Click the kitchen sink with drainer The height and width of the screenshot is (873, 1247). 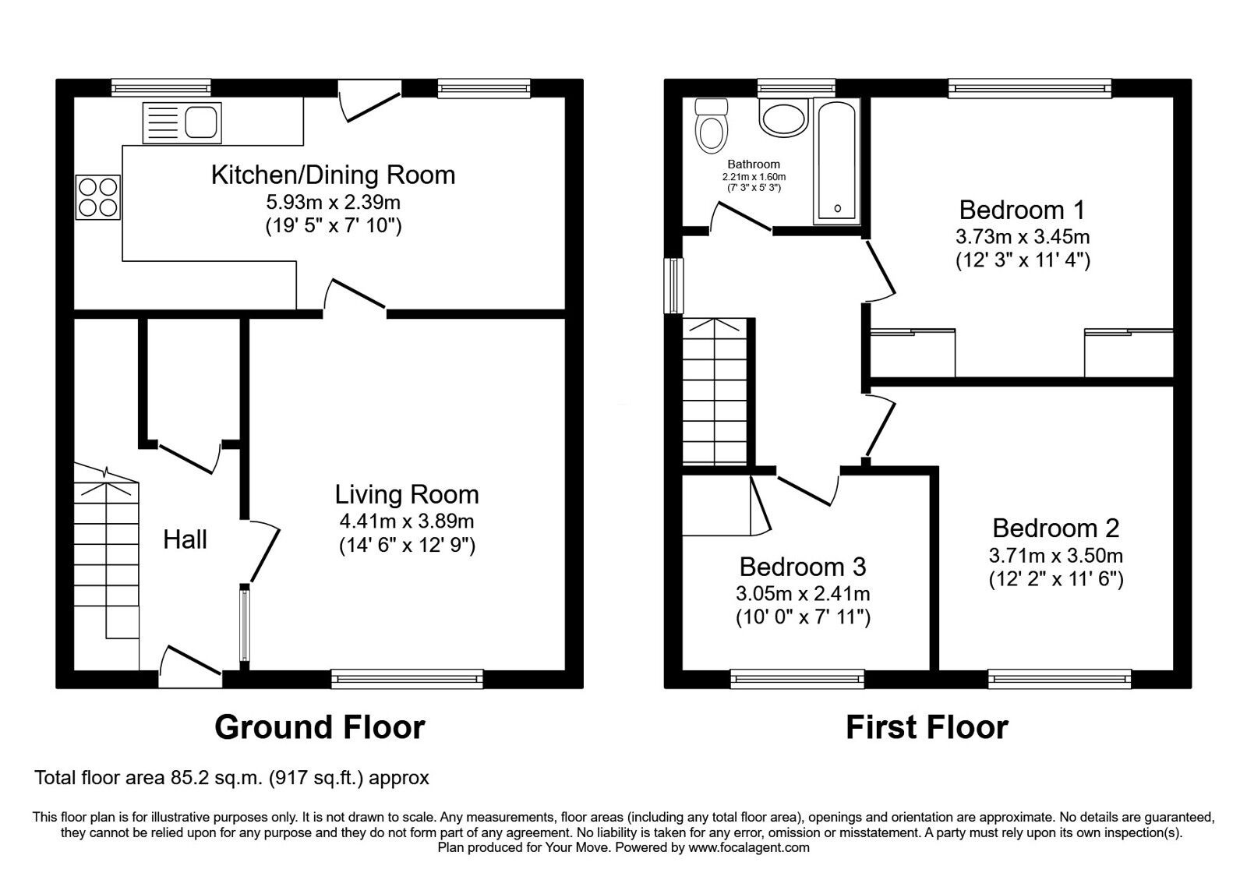click(182, 122)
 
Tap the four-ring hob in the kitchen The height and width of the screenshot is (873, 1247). click(98, 196)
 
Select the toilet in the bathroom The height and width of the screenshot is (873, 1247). click(710, 126)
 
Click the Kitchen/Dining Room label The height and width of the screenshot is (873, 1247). click(333, 175)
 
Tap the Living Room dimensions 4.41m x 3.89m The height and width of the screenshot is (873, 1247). click(406, 521)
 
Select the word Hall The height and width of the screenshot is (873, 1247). click(185, 539)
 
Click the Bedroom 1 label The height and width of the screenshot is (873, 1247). click(1022, 210)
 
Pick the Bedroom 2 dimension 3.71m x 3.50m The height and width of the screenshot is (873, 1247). click(1055, 555)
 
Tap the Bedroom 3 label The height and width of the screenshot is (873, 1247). click(802, 566)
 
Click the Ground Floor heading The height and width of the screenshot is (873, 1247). click(320, 726)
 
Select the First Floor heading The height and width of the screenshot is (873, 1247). click(927, 726)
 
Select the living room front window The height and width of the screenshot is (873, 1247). click(407, 679)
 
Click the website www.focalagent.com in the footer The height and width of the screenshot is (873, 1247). click(748, 847)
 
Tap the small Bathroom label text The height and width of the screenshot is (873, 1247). click(754, 164)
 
